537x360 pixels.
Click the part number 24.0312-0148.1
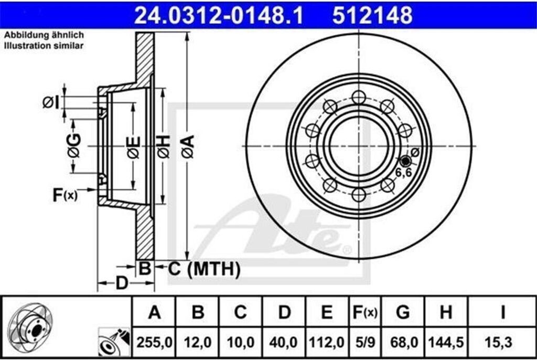[219, 15]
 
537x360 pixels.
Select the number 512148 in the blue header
[372, 15]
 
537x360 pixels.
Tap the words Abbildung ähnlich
[44, 35]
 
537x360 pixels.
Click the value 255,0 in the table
[154, 342]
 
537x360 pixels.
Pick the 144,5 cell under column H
[446, 342]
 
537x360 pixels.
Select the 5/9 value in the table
[365, 342]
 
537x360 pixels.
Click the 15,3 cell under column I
[499, 342]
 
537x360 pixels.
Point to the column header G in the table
[403, 312]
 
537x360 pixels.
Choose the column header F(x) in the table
[365, 312]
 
